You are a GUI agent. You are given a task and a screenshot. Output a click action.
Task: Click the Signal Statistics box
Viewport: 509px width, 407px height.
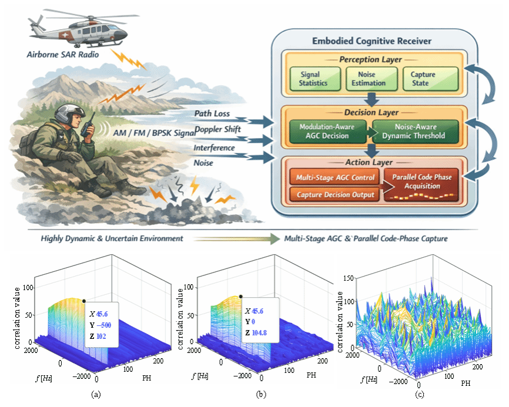(x=315, y=79)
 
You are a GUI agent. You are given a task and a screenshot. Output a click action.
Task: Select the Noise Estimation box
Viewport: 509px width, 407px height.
(x=371, y=79)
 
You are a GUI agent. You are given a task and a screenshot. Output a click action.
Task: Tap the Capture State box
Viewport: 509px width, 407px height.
(x=430, y=79)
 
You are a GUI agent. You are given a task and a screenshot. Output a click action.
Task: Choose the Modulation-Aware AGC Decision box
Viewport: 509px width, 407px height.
(x=327, y=132)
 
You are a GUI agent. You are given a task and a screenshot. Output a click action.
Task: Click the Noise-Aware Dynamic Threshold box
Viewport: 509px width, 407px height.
(x=416, y=132)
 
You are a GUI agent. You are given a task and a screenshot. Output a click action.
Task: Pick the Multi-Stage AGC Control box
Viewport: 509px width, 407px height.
(x=334, y=177)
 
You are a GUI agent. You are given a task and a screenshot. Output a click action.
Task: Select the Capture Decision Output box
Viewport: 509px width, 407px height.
(x=334, y=194)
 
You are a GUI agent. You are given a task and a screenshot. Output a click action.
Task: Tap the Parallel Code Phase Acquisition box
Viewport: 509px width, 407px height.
(x=421, y=185)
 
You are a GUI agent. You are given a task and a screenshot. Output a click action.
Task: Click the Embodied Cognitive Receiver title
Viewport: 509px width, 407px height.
(x=371, y=41)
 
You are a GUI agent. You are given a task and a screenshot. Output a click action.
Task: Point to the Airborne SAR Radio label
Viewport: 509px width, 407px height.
(x=63, y=55)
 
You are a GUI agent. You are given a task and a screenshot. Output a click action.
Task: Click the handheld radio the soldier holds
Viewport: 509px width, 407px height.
(x=88, y=125)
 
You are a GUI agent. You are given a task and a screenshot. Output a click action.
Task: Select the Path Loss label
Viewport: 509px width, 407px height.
(x=212, y=113)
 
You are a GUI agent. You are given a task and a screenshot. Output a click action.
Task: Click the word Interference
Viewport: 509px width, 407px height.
(x=215, y=148)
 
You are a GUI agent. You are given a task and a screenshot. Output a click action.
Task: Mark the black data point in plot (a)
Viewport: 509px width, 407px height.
(x=84, y=301)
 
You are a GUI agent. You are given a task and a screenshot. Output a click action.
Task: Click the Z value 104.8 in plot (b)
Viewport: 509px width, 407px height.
(x=259, y=333)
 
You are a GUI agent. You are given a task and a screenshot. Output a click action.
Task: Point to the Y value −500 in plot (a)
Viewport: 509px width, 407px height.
(x=103, y=325)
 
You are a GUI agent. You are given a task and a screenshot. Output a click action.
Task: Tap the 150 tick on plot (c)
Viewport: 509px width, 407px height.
(x=349, y=278)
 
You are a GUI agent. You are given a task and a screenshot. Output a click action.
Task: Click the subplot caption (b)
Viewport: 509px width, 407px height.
(x=261, y=394)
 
